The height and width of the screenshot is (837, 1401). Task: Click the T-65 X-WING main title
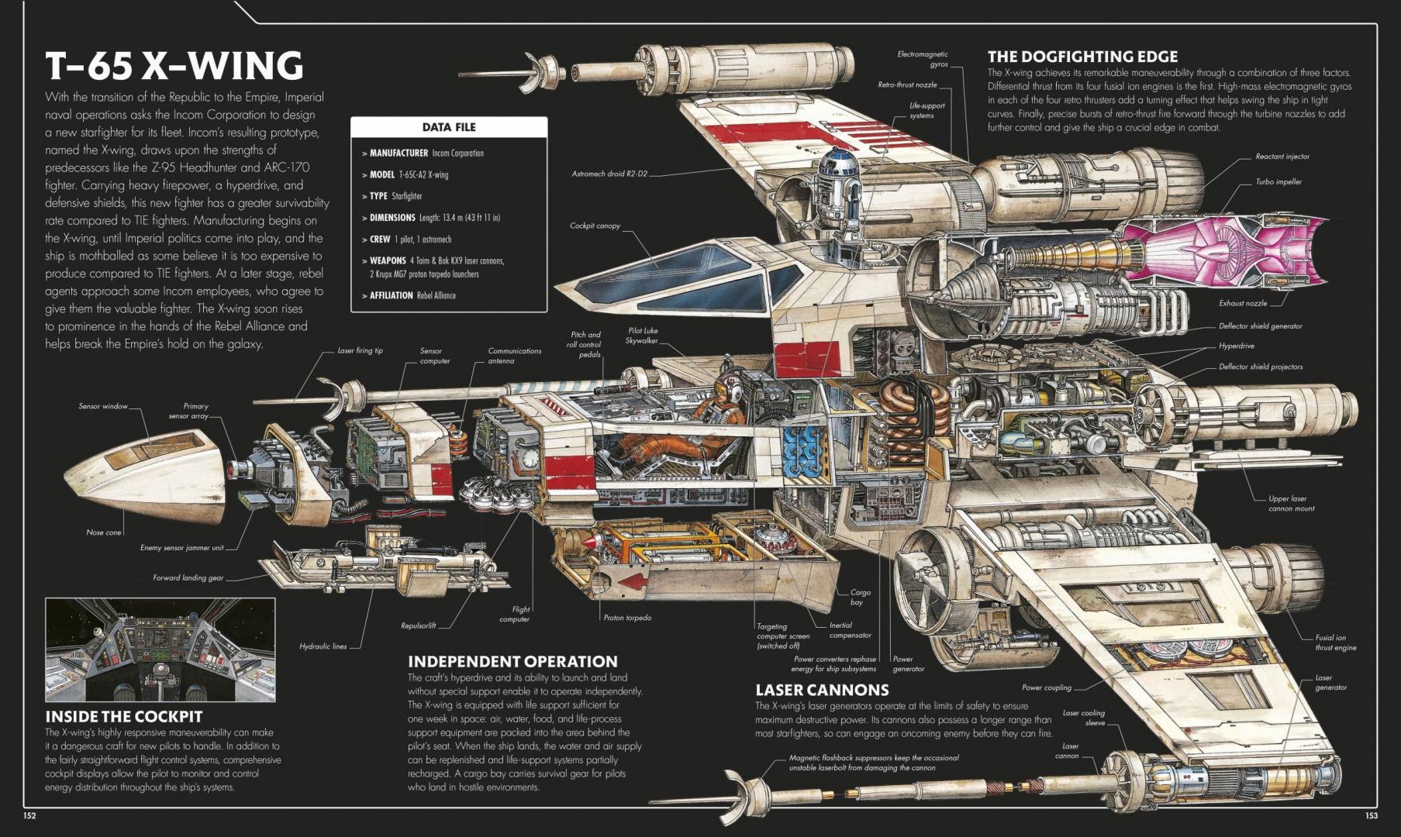[x=174, y=66]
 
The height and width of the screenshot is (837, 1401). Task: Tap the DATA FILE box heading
[x=449, y=127]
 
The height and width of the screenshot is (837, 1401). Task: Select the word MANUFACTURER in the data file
[x=399, y=153]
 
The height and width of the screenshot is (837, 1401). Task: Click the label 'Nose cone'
[x=104, y=532]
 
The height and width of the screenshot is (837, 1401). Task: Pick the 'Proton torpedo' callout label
[x=627, y=618]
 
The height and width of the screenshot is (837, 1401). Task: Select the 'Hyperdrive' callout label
[x=1236, y=346]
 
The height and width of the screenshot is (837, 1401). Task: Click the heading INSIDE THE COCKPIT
[x=123, y=717]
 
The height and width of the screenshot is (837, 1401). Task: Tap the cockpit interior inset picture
[x=160, y=649]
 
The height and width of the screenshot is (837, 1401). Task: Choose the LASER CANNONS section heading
[x=822, y=690]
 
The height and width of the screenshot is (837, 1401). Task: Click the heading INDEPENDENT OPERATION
[x=512, y=662]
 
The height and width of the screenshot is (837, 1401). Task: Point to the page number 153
[x=1372, y=815]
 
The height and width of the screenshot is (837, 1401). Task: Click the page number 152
[x=29, y=815]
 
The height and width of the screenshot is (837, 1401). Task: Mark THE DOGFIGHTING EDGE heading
[x=1082, y=57]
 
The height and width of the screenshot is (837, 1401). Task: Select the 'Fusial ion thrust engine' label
[x=1335, y=642]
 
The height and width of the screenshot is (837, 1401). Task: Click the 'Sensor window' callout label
[x=102, y=406]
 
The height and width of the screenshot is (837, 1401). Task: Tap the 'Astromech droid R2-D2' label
[x=609, y=174]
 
